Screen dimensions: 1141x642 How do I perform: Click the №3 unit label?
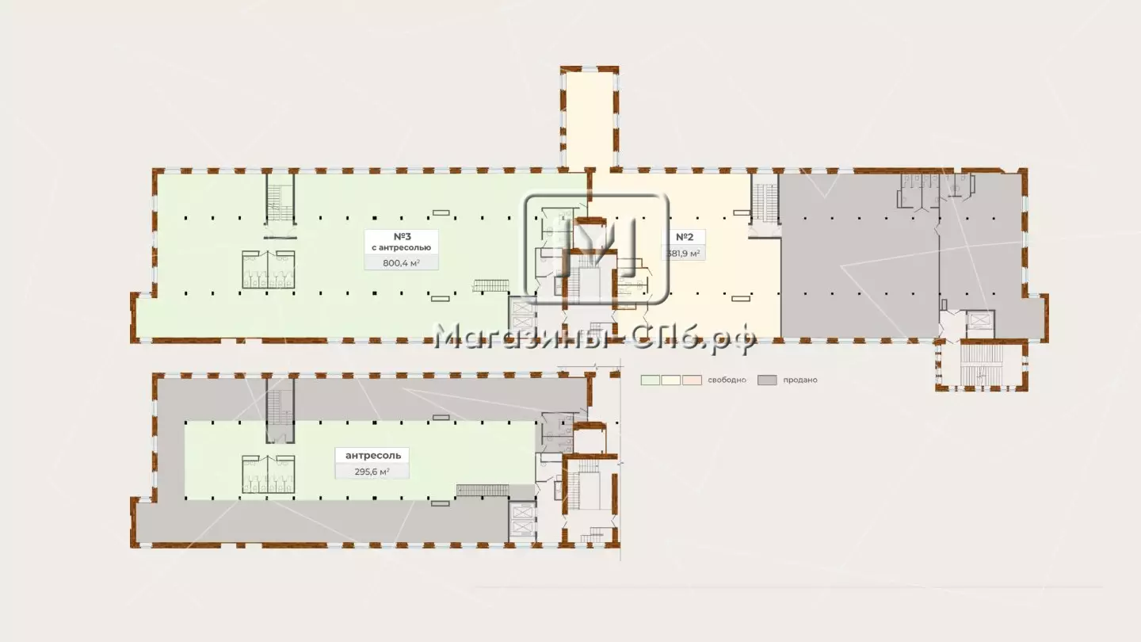pyautogui.click(x=402, y=236)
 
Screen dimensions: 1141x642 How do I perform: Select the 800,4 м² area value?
pyautogui.click(x=402, y=263)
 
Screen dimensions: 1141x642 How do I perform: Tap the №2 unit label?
pyautogui.click(x=685, y=237)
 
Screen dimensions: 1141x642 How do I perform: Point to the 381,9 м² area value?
pyautogui.click(x=683, y=254)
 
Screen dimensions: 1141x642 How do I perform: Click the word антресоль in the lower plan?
pyautogui.click(x=373, y=456)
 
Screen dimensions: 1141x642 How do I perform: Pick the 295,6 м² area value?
pyautogui.click(x=372, y=472)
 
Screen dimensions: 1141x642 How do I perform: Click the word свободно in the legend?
pyautogui.click(x=727, y=380)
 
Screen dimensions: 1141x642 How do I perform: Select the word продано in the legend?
pyautogui.click(x=800, y=380)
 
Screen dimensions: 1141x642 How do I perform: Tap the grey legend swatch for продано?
pyautogui.click(x=767, y=380)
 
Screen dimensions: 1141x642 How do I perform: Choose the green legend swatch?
pyautogui.click(x=651, y=380)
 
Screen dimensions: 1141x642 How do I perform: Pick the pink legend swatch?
pyautogui.click(x=693, y=380)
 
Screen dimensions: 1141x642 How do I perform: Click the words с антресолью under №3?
pyautogui.click(x=402, y=247)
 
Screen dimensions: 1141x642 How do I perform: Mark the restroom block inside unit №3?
pyautogui.click(x=269, y=269)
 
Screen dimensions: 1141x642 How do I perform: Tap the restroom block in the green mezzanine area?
pyautogui.click(x=269, y=474)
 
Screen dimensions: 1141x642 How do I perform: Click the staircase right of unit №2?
pyautogui.click(x=765, y=203)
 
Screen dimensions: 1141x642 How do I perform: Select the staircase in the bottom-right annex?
pyautogui.click(x=981, y=365)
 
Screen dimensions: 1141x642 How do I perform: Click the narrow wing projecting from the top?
pyautogui.click(x=590, y=118)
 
